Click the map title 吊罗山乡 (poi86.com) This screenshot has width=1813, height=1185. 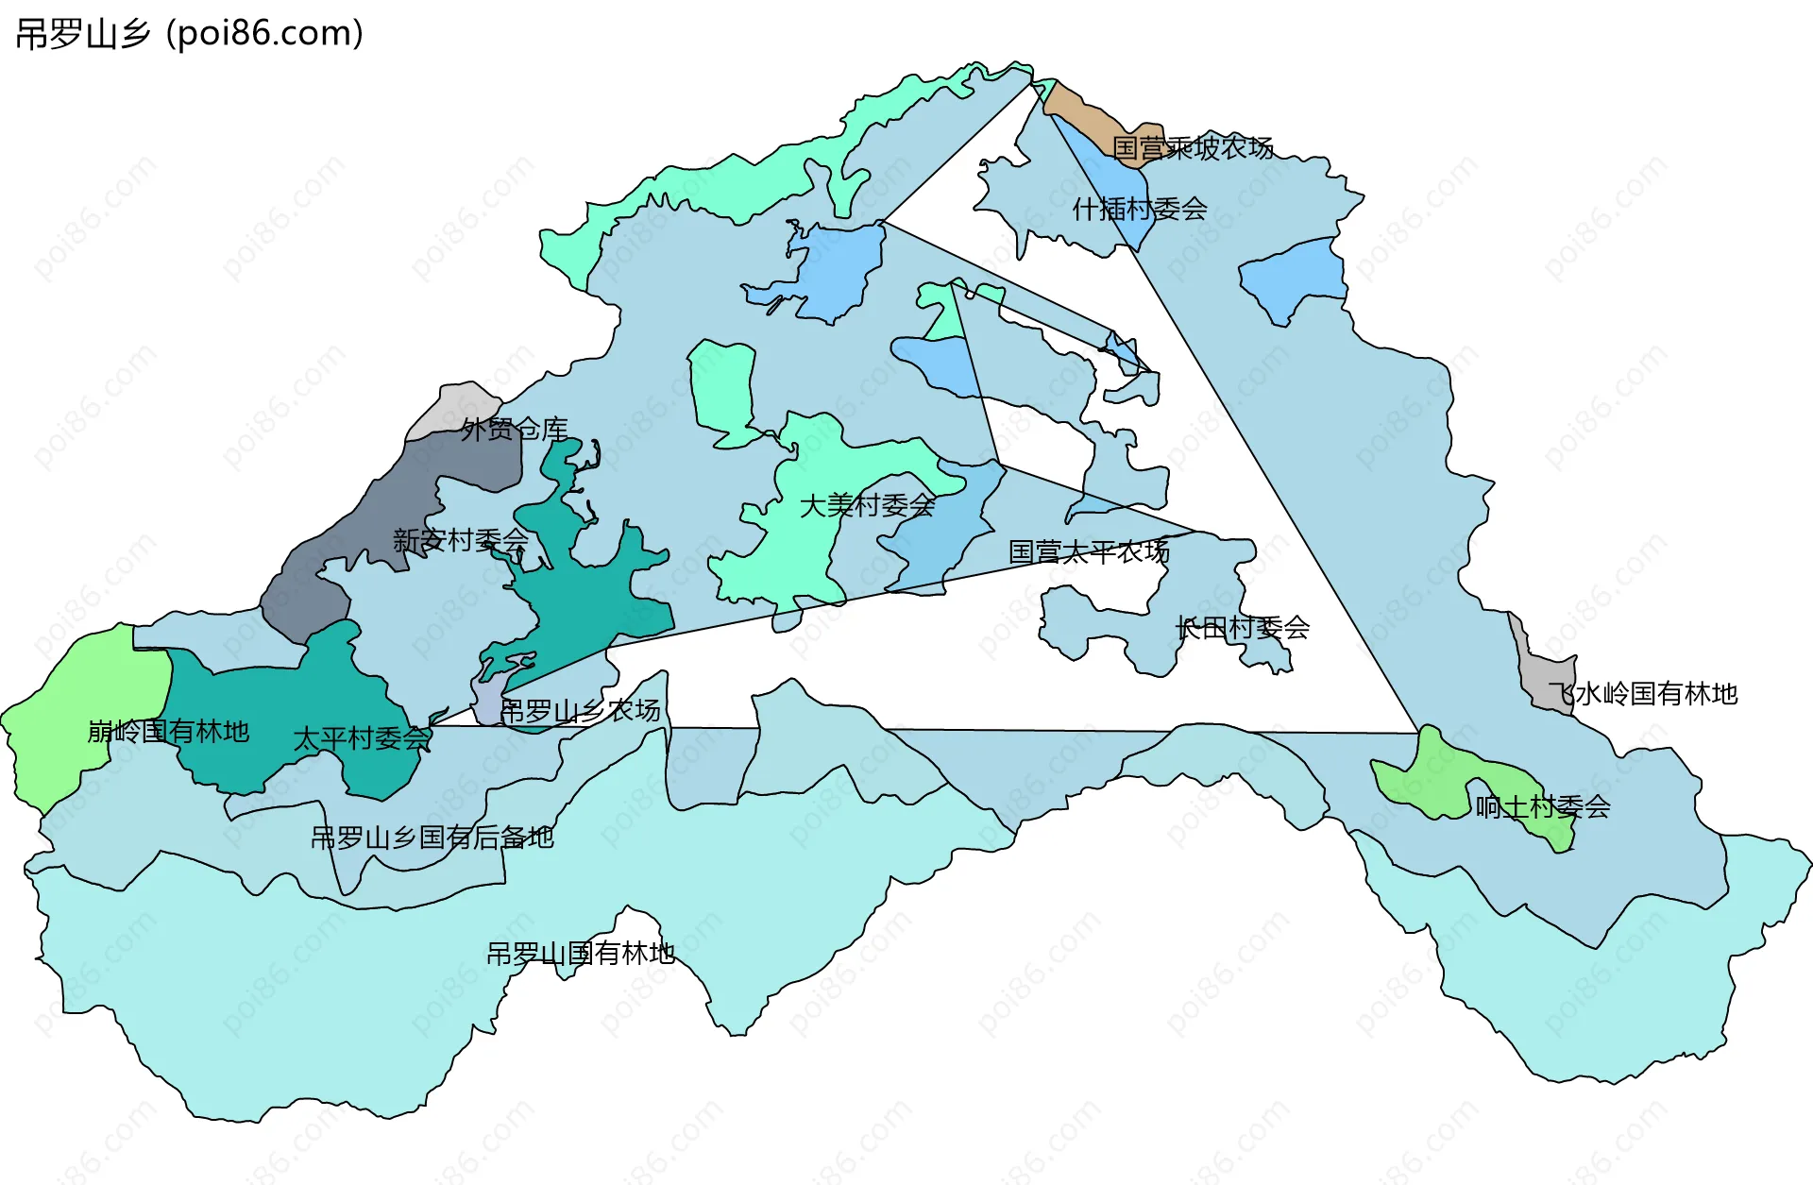click(189, 34)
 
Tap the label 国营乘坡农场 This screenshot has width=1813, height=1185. click(1193, 148)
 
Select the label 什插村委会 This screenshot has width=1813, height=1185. click(1140, 209)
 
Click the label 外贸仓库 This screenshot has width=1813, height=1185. click(515, 430)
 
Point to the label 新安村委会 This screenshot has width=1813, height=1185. click(461, 540)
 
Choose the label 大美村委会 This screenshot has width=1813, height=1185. click(868, 505)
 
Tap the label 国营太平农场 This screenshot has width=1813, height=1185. click(1089, 551)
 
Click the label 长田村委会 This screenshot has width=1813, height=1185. click(1243, 627)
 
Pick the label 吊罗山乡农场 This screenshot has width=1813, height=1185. click(580, 710)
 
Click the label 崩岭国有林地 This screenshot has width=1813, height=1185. click(168, 731)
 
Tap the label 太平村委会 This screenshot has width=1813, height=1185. click(362, 738)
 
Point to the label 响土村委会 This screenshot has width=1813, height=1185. click(1543, 806)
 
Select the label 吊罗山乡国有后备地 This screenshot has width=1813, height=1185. click(432, 837)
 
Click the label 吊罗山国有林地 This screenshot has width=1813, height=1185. click(580, 954)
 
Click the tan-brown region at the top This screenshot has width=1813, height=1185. click(1086, 115)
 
